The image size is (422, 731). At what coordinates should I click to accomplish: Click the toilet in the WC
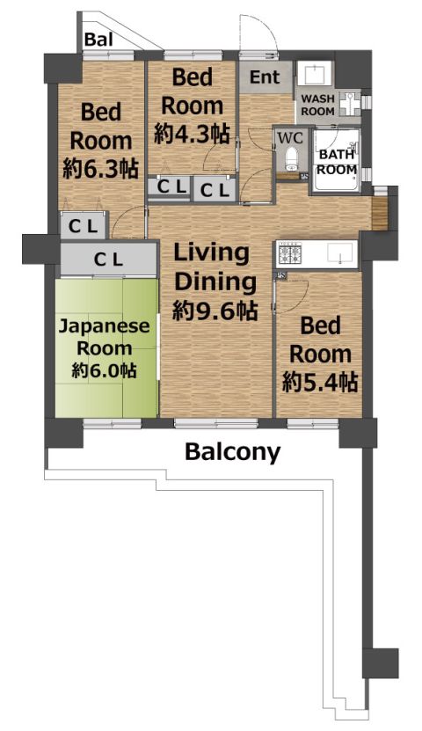291,158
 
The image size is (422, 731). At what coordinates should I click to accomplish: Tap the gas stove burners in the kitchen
288,254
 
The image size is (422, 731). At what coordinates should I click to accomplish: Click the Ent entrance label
265,77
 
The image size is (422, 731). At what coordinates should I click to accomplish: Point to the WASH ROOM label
317,105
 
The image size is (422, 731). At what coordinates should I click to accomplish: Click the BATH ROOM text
338,162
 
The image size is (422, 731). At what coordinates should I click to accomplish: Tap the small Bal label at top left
98,40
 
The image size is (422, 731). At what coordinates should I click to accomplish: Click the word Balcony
232,452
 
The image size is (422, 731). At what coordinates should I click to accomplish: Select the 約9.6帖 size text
215,311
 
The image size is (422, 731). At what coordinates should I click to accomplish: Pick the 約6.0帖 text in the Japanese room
104,371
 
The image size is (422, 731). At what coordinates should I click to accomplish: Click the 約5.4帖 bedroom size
320,384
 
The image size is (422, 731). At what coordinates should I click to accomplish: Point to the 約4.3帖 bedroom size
192,135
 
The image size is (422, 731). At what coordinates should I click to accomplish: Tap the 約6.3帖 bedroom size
100,169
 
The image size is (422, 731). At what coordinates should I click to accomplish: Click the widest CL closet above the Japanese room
108,259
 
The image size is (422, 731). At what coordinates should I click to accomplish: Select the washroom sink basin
314,75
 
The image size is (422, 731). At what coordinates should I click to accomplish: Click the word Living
212,253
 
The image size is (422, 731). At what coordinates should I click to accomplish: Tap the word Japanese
104,326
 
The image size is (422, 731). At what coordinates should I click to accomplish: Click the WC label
290,137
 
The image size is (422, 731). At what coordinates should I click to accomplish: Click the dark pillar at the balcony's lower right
381,663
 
